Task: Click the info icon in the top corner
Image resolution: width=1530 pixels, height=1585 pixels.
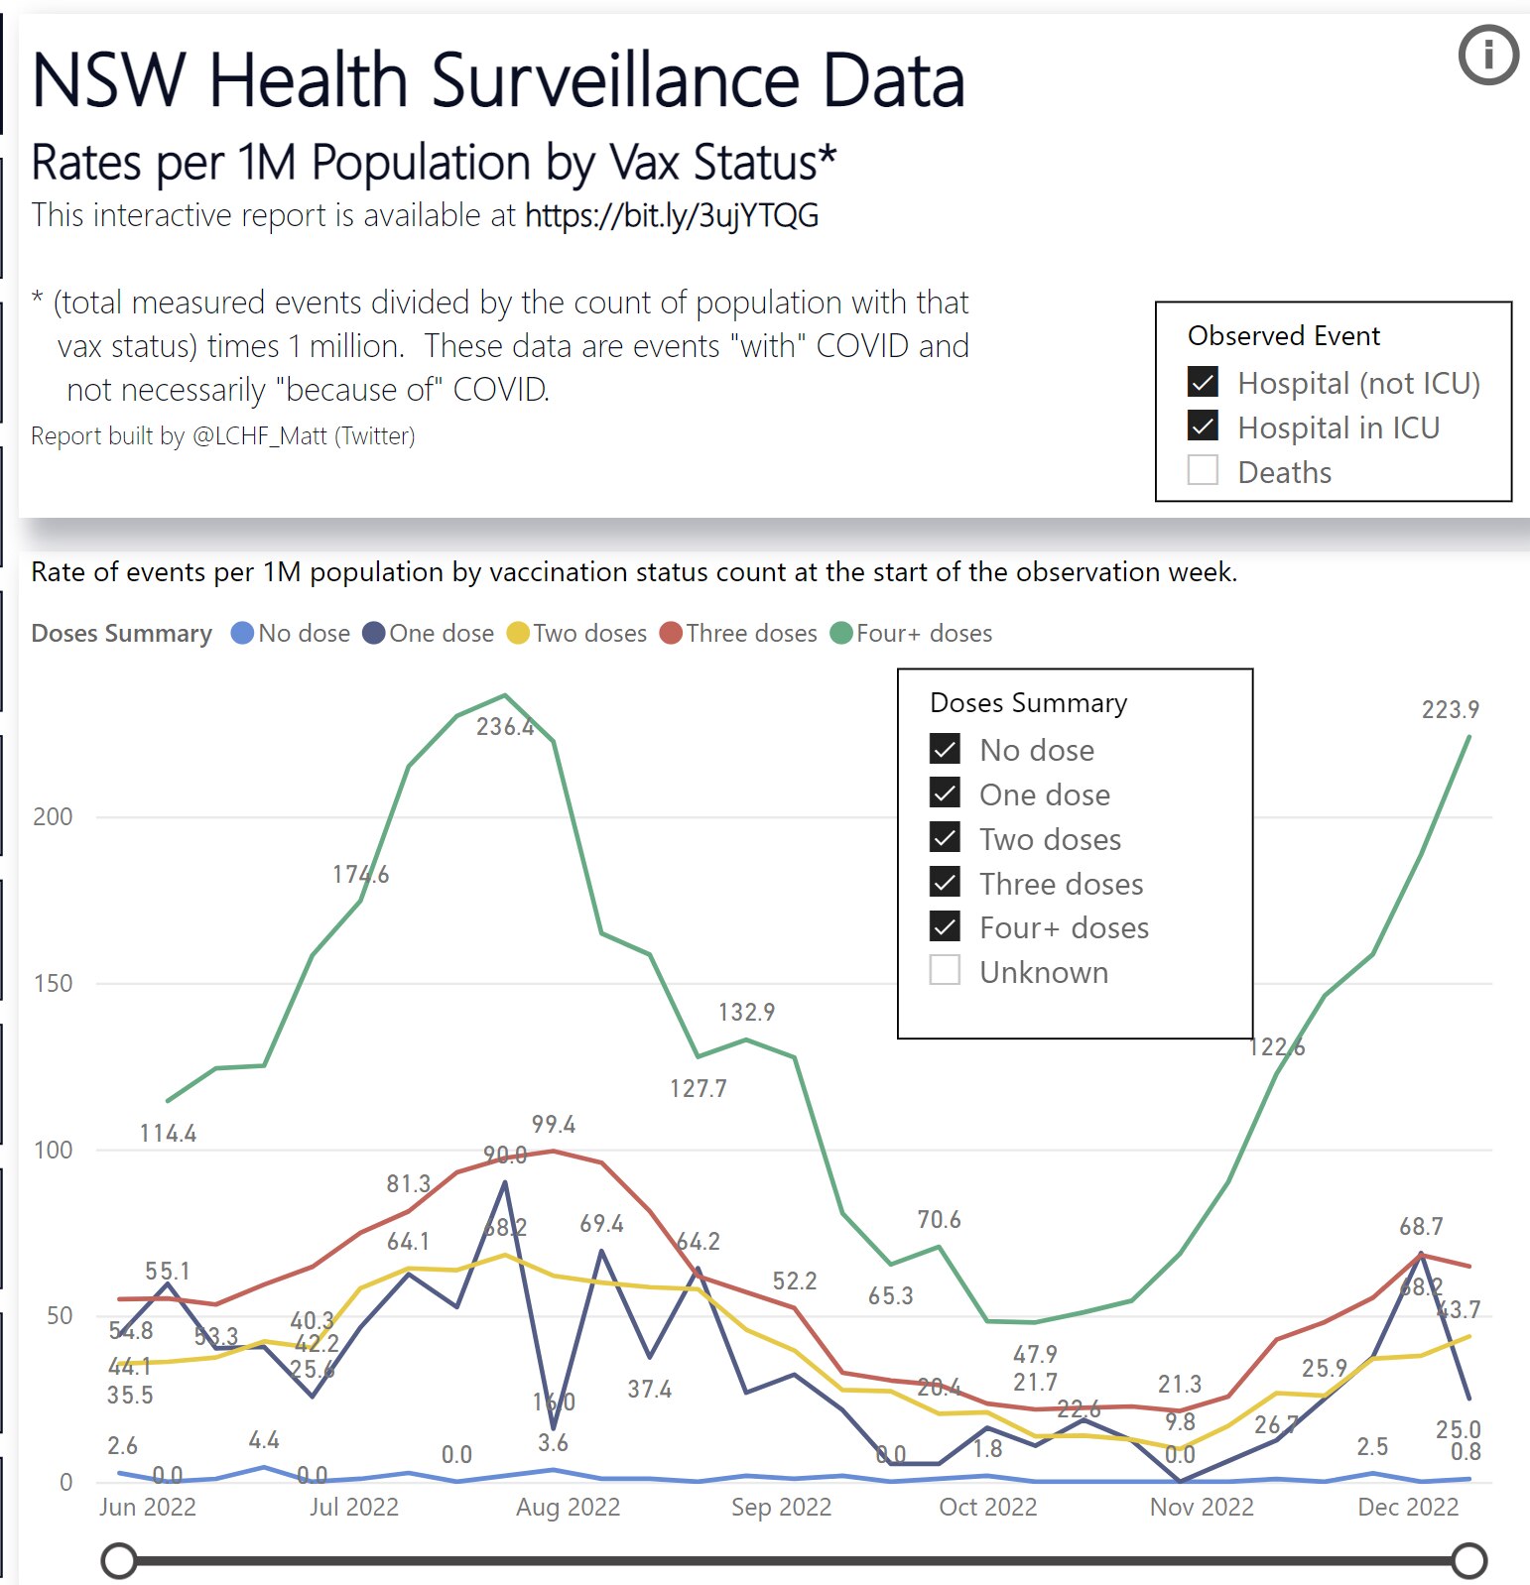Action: [x=1487, y=55]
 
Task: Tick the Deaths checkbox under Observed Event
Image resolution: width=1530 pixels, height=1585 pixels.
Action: [x=1203, y=470]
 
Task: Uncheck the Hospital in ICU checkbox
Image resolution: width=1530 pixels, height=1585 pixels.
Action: [x=1203, y=427]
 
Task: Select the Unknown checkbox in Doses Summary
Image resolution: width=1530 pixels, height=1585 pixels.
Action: [x=945, y=970]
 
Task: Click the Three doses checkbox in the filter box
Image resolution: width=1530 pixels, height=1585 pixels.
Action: [x=945, y=882]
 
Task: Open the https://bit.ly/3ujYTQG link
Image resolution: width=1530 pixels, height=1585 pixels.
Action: [x=672, y=215]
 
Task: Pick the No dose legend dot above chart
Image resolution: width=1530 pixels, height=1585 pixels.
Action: [x=242, y=633]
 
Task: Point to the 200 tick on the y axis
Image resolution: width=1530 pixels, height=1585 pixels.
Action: [x=53, y=817]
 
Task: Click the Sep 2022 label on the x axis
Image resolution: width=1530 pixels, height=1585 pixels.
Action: [x=781, y=1508]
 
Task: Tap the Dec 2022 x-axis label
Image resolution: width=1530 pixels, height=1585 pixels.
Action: [x=1407, y=1508]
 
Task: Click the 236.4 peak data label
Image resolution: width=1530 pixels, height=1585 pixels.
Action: [x=505, y=727]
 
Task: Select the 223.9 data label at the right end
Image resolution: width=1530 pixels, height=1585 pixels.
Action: [x=1450, y=710]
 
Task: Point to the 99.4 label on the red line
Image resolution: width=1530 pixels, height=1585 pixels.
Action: [x=553, y=1125]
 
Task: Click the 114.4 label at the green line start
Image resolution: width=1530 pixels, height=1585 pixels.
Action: [x=168, y=1134]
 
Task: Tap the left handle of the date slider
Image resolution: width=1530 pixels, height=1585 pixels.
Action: [x=119, y=1560]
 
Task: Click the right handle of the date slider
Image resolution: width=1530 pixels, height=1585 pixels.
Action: [x=1469, y=1560]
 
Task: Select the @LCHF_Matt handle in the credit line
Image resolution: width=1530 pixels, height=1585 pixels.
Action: [x=259, y=436]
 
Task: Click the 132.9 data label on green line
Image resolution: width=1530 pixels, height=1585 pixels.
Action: [x=746, y=1013]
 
